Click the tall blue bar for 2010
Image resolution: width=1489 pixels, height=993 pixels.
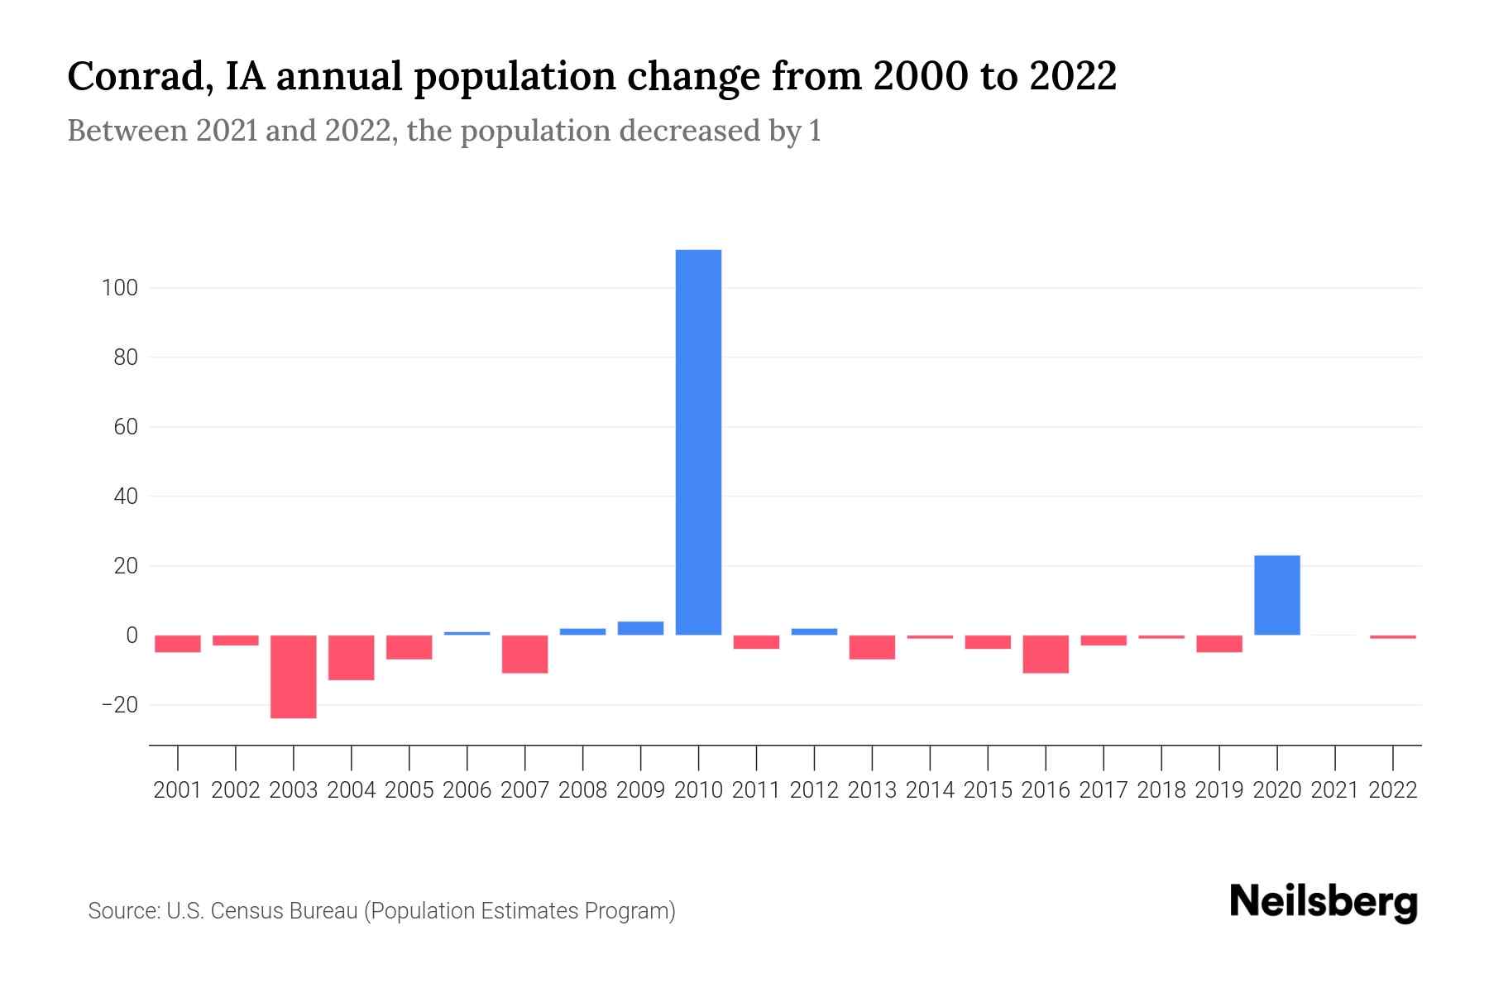coord(698,442)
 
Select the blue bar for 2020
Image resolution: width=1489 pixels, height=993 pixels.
coord(1276,595)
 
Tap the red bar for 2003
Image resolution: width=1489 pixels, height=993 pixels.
coord(294,676)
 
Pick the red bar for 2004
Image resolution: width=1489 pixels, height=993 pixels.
coord(352,657)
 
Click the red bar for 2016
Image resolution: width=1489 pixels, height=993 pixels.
coord(1046,654)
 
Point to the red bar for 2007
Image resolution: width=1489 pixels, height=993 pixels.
coord(524,654)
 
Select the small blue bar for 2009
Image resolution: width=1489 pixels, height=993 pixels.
coord(640,628)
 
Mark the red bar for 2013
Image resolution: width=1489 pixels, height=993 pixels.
coord(872,647)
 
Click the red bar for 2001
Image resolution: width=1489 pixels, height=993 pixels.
coord(178,644)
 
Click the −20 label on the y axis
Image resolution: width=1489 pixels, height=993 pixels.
coord(118,706)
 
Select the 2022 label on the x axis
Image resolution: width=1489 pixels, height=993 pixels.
coord(1392,790)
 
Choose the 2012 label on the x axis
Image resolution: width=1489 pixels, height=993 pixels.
coord(814,790)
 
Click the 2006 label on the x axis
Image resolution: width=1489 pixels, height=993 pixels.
coord(467,790)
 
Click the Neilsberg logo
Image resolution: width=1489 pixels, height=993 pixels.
coord(1323,903)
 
